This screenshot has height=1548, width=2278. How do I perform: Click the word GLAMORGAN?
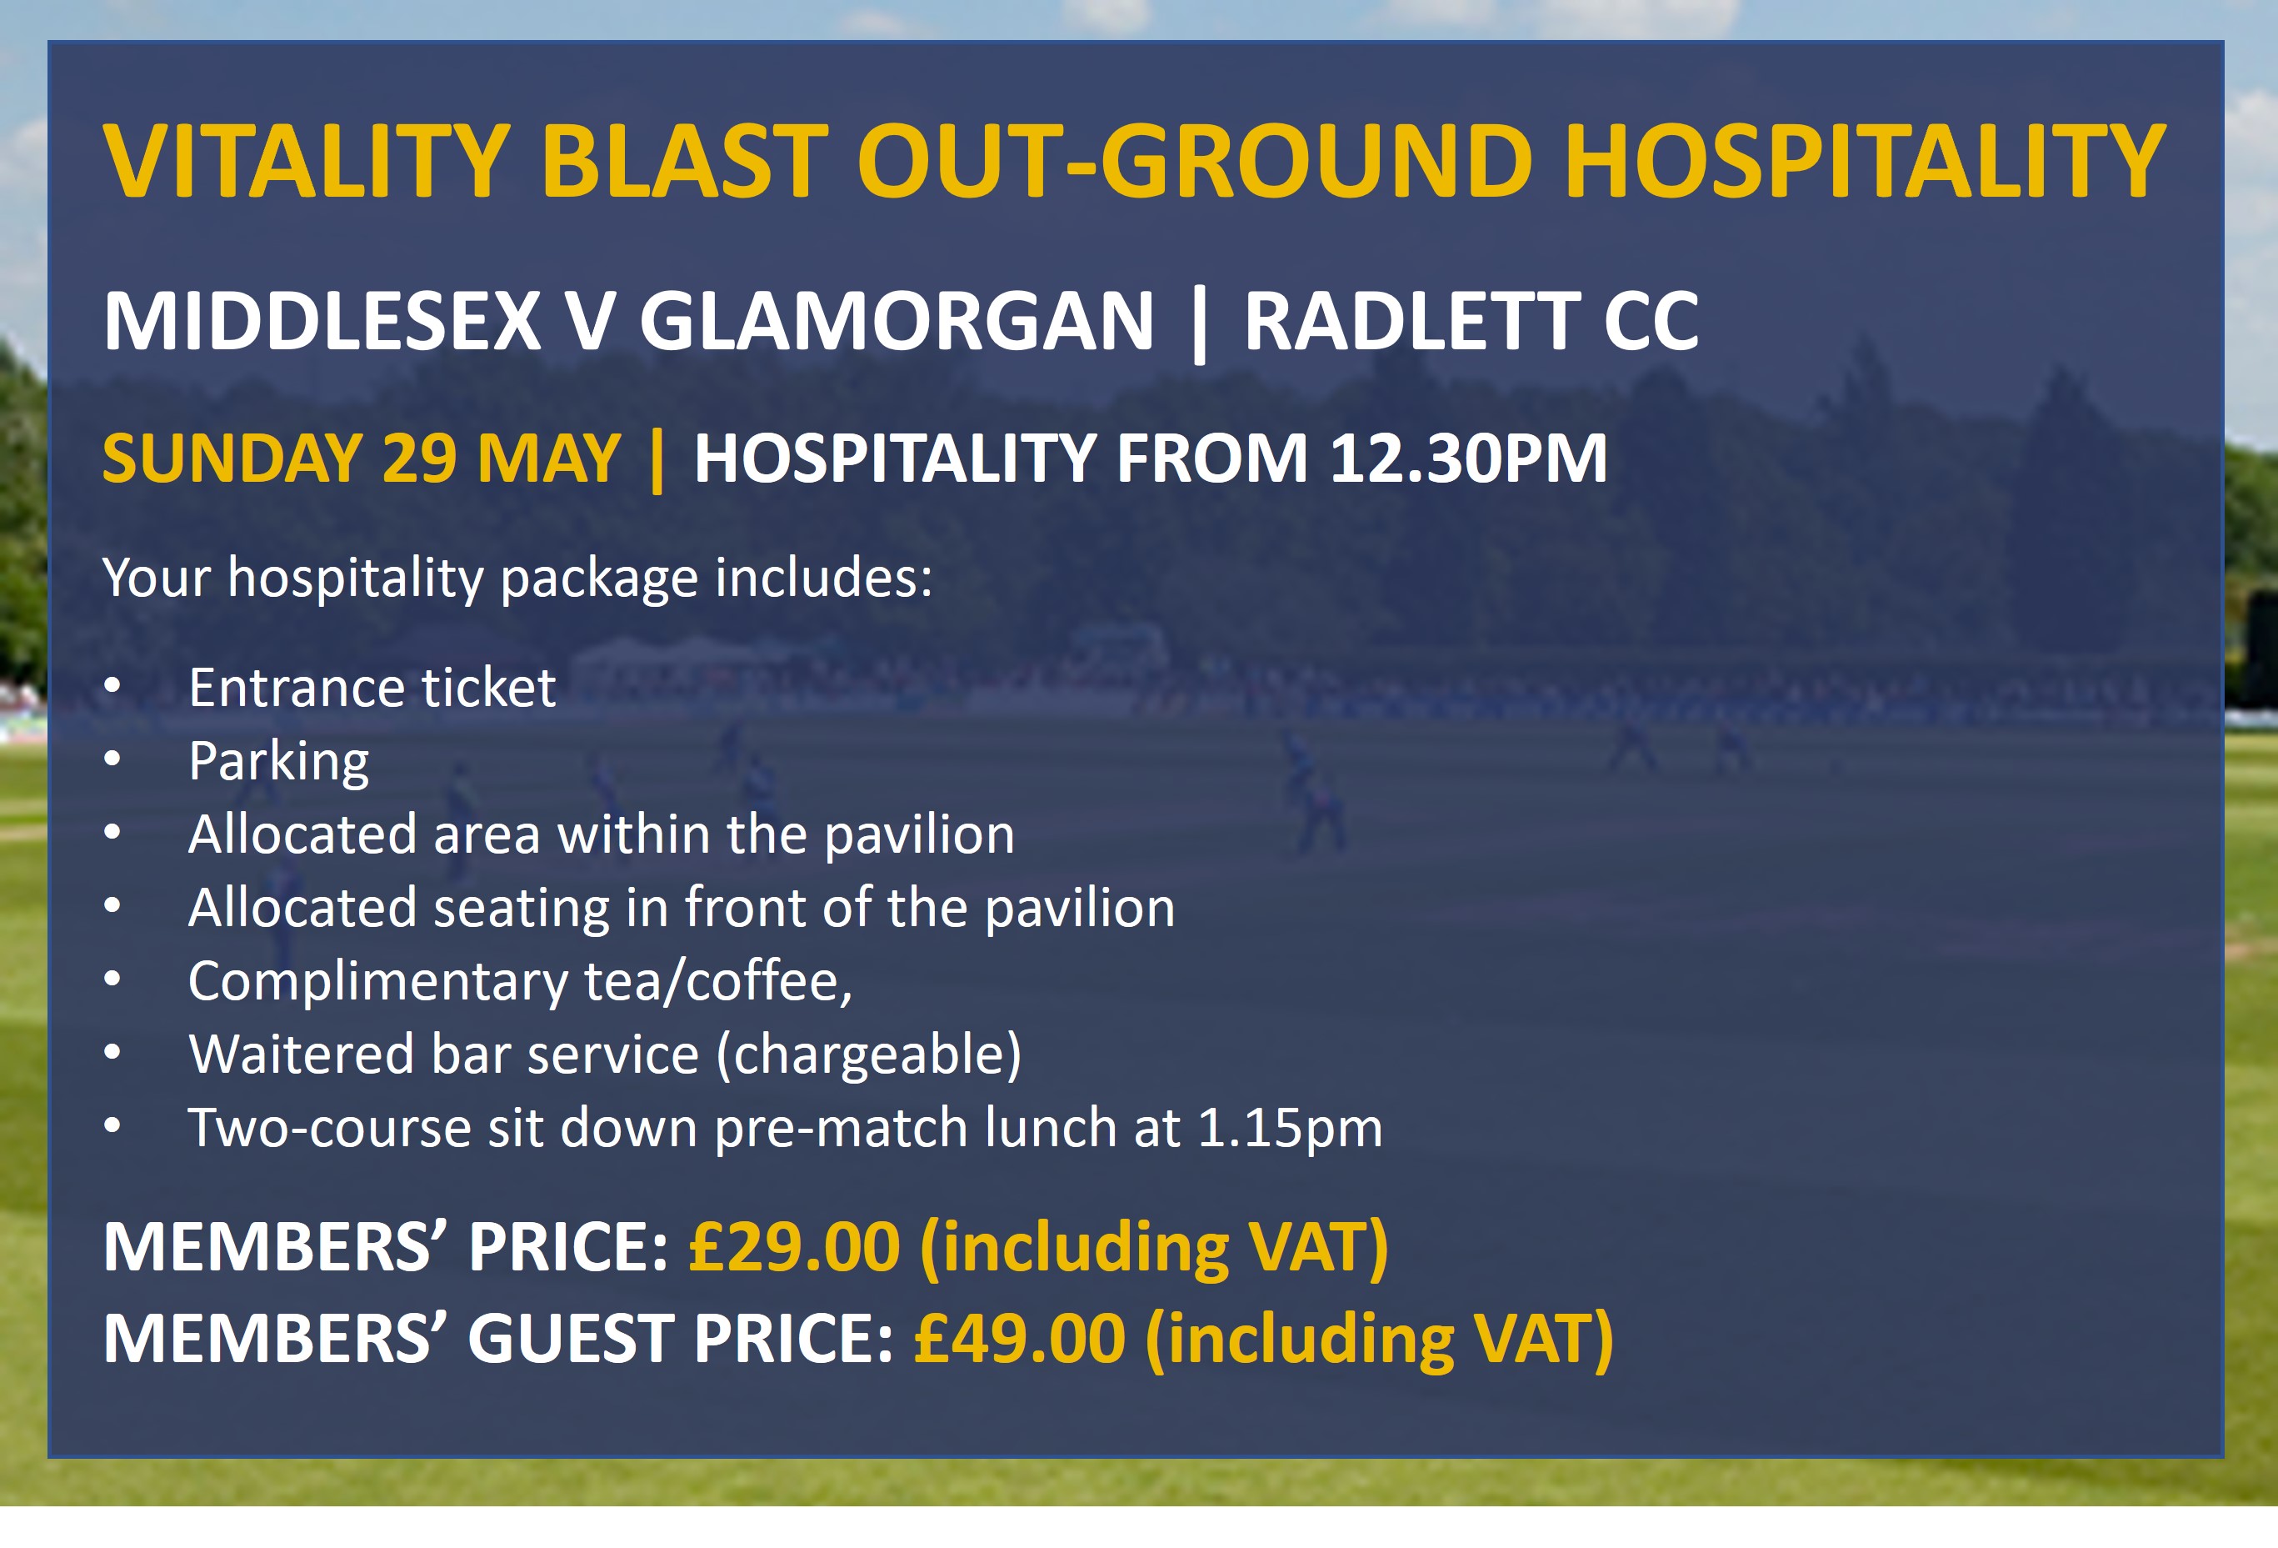[x=897, y=321]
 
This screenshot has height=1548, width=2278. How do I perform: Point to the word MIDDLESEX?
[x=322, y=321]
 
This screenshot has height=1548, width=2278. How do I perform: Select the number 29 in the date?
[x=418, y=458]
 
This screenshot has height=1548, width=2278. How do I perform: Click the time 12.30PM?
[x=1467, y=458]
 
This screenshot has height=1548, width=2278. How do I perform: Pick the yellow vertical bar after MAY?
[x=657, y=460]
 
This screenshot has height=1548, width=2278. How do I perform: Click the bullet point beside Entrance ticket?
[x=112, y=685]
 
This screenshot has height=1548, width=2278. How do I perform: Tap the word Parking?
[x=279, y=762]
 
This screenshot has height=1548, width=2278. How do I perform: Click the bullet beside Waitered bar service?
[x=112, y=1052]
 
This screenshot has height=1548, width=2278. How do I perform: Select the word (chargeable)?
[x=868, y=1055]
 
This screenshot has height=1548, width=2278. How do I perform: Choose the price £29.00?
[x=794, y=1247]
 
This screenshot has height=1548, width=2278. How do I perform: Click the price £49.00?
[x=1019, y=1339]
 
